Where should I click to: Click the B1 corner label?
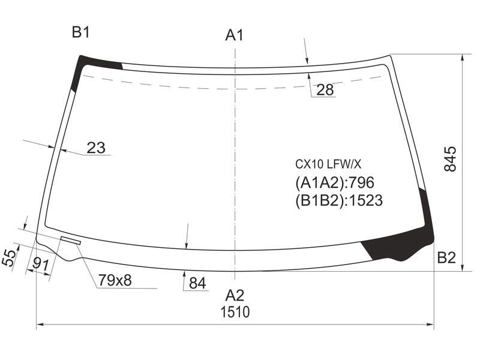(x=80, y=32)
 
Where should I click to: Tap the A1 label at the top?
(x=234, y=35)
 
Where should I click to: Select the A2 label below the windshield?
(x=235, y=295)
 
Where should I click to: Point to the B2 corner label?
(x=446, y=258)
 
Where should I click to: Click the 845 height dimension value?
(x=450, y=159)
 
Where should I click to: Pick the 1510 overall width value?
(x=235, y=312)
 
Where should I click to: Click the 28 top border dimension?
(x=325, y=89)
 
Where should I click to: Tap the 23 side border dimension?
(x=96, y=148)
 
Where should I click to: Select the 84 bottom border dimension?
(x=197, y=283)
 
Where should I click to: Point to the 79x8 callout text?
(x=115, y=280)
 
